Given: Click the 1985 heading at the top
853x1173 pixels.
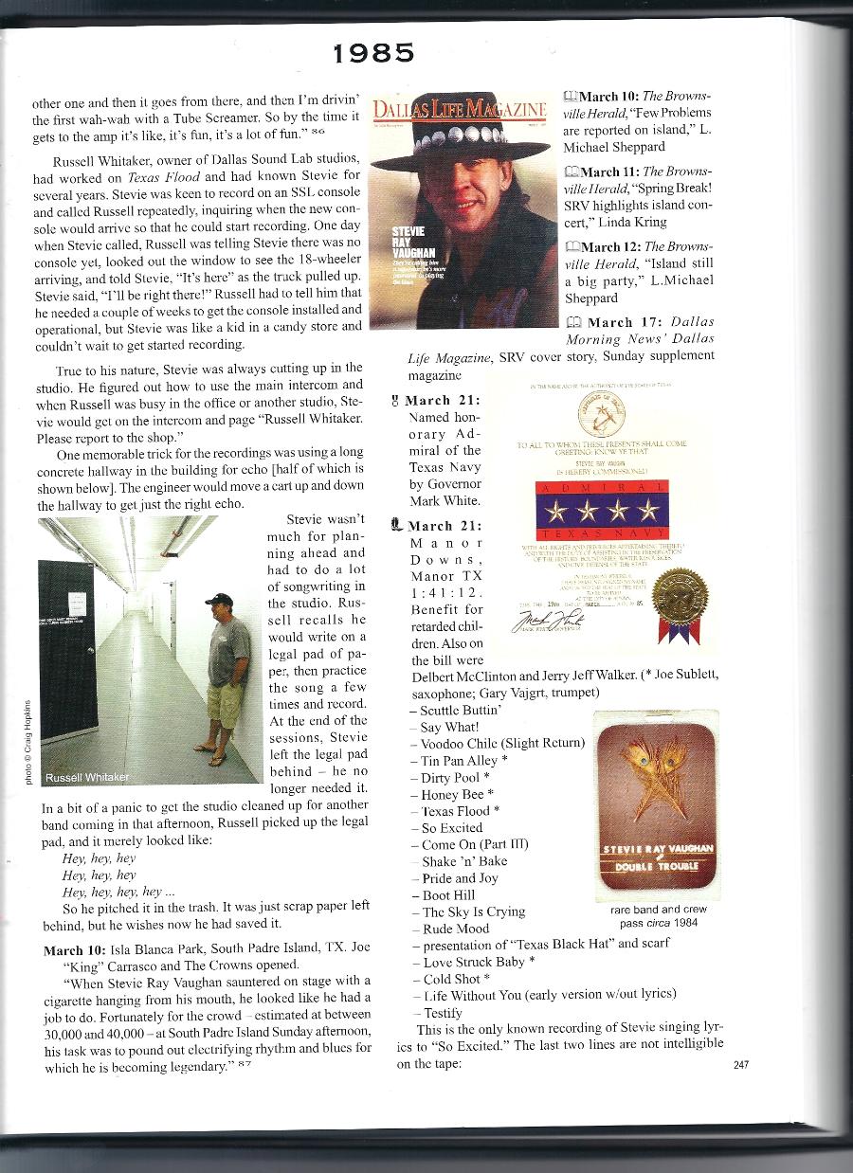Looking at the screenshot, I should [x=373, y=53].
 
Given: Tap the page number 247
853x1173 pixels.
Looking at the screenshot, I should [x=742, y=1064].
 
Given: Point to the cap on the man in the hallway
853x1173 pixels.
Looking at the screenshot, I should [x=218, y=600].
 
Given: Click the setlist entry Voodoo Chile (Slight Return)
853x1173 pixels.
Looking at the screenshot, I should [x=502, y=743].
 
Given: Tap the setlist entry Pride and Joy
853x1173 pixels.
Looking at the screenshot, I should [x=460, y=878].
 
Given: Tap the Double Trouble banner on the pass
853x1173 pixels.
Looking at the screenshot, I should [x=658, y=866].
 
